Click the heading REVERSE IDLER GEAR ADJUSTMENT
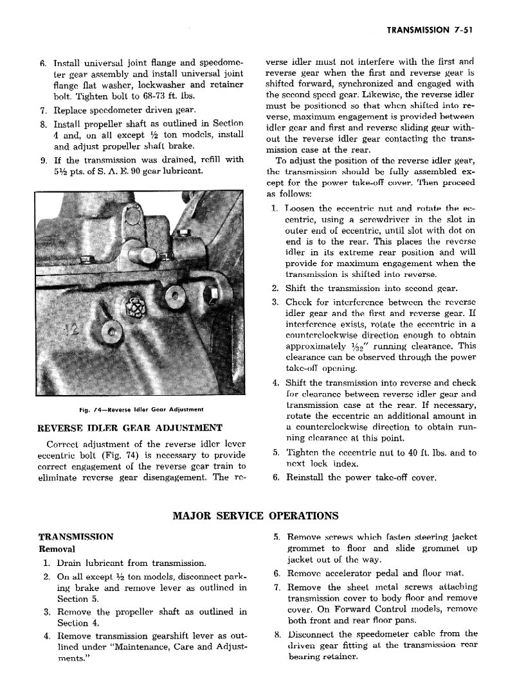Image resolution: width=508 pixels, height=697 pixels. pos(131,428)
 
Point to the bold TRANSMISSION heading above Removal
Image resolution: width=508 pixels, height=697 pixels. pos(76,536)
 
